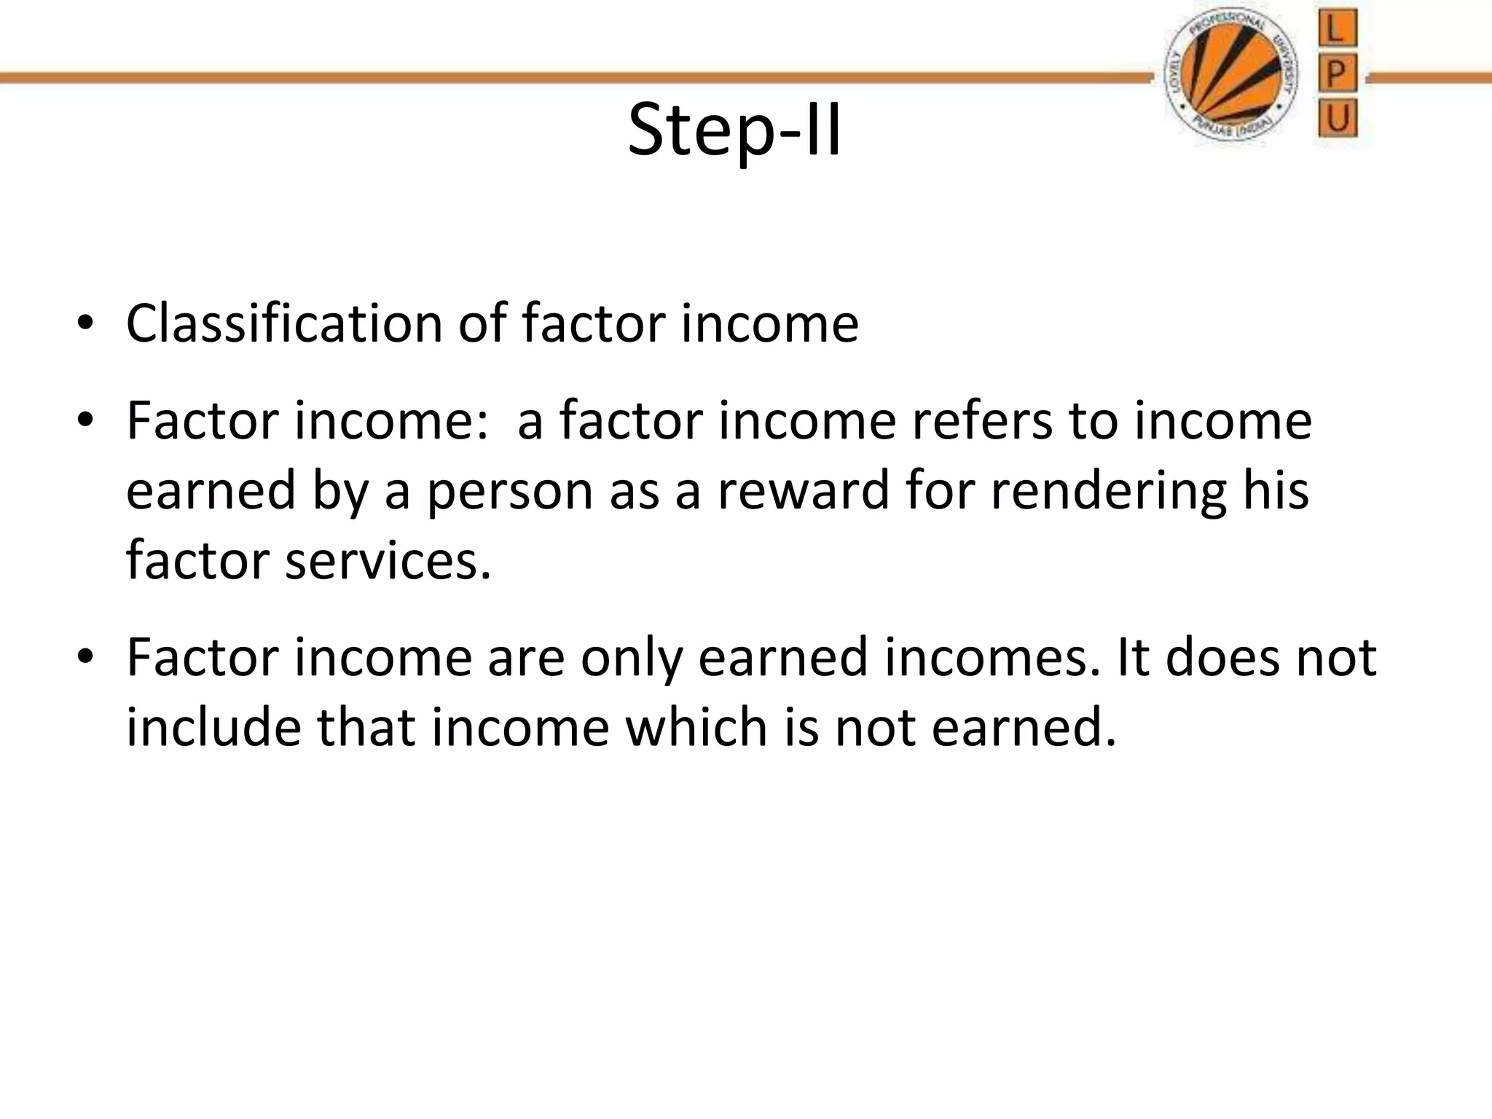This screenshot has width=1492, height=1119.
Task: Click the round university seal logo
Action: click(1230, 78)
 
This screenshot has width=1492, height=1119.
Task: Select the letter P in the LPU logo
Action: click(1337, 75)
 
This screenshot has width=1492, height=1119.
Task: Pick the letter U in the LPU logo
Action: click(1338, 118)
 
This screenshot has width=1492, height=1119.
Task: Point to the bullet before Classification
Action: click(85, 324)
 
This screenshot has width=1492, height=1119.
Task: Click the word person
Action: click(510, 491)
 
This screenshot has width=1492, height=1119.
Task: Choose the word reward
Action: click(804, 490)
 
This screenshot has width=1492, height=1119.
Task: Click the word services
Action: click(388, 561)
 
